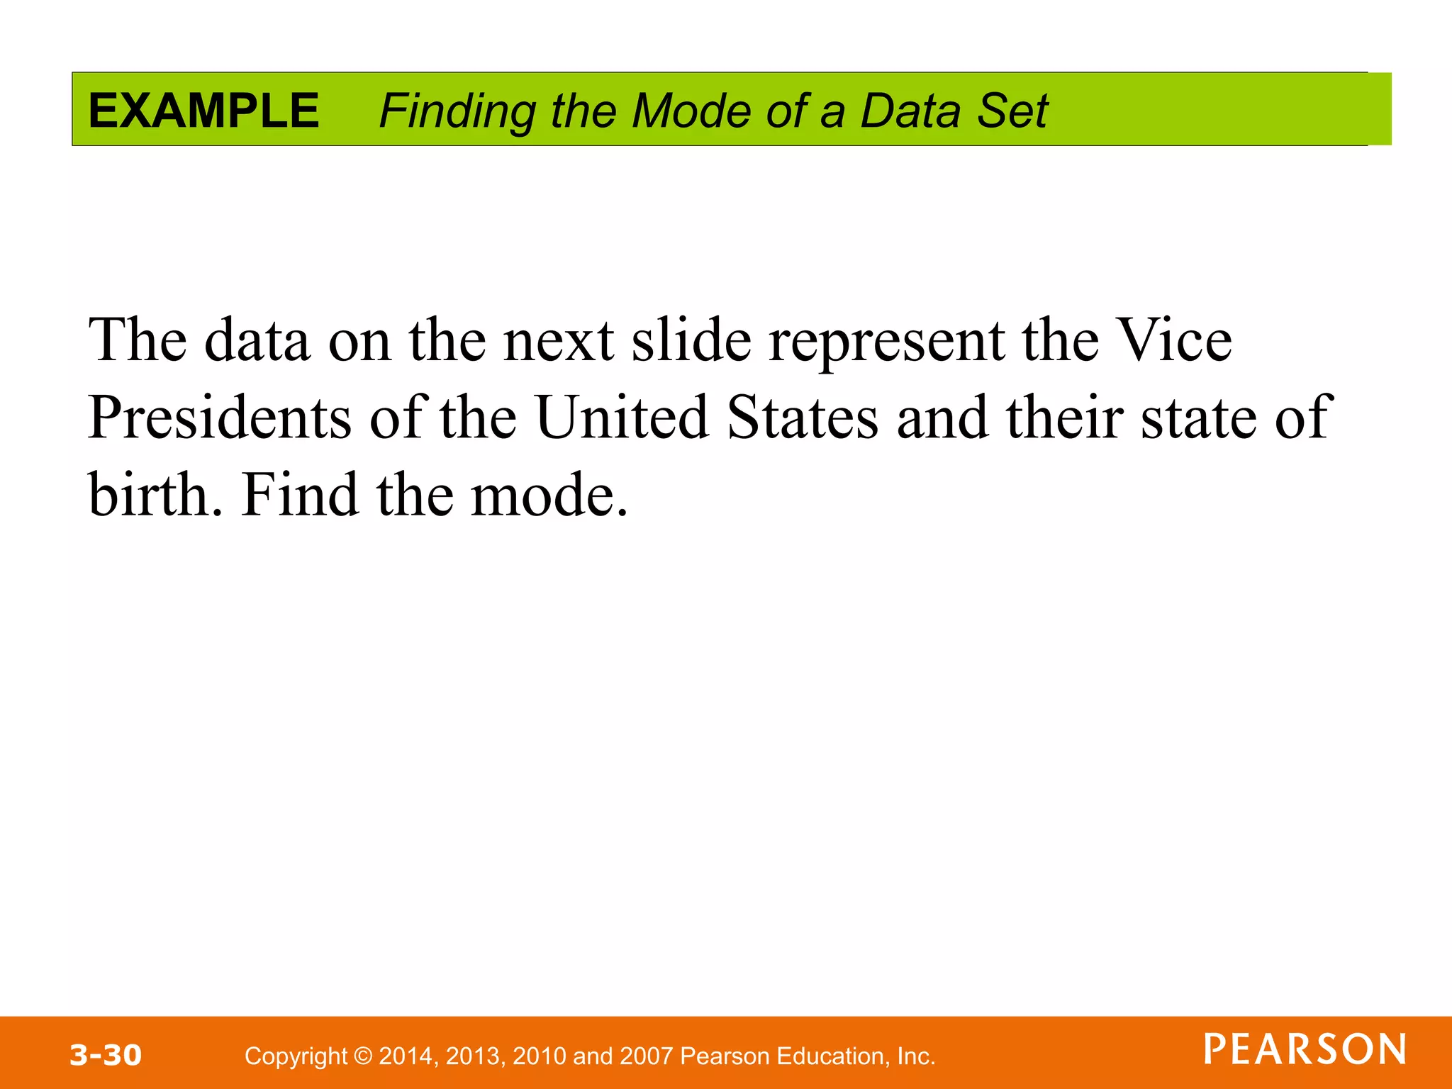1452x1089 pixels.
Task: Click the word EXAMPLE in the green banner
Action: (x=203, y=111)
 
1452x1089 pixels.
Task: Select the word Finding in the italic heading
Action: (x=457, y=112)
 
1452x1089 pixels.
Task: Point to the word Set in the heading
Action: (x=1012, y=111)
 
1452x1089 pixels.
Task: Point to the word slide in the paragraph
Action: (x=691, y=340)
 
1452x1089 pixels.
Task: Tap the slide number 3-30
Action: (x=106, y=1055)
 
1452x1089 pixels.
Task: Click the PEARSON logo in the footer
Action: (x=1305, y=1049)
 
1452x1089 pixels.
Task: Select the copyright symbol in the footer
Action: (x=363, y=1056)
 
